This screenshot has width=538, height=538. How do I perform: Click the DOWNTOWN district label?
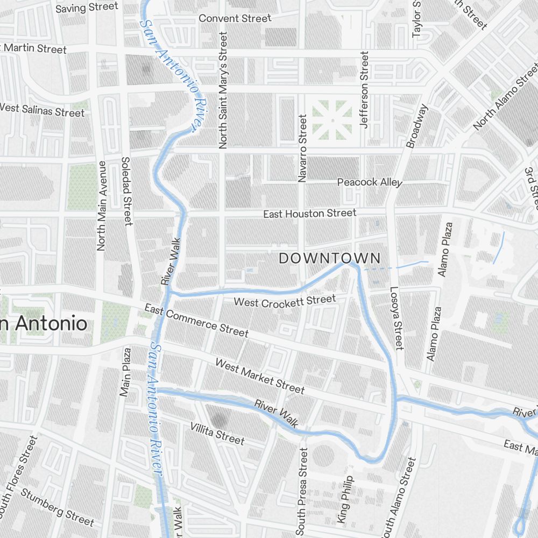coord(329,258)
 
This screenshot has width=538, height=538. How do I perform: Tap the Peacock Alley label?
coord(369,182)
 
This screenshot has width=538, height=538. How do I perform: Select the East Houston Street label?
coord(309,214)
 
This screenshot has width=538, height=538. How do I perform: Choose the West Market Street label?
coord(260,376)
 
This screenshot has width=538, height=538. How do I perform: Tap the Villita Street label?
coord(217,434)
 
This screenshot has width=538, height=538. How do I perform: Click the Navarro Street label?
coord(302,148)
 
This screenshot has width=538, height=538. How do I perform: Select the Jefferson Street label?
coord(365,89)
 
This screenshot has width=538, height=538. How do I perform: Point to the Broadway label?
coord(417,126)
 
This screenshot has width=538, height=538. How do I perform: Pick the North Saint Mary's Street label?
coord(223,90)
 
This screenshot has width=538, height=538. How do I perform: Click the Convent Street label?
coord(235,18)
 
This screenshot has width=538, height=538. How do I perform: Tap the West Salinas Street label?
coord(42,110)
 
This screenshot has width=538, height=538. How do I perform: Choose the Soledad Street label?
coord(127,191)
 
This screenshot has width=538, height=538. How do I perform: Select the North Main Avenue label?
coord(101,206)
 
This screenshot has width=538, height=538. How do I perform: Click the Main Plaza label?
coord(125,372)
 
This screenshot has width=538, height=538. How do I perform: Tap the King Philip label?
coord(345,499)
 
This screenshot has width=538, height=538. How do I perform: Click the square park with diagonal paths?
coord(332,119)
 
